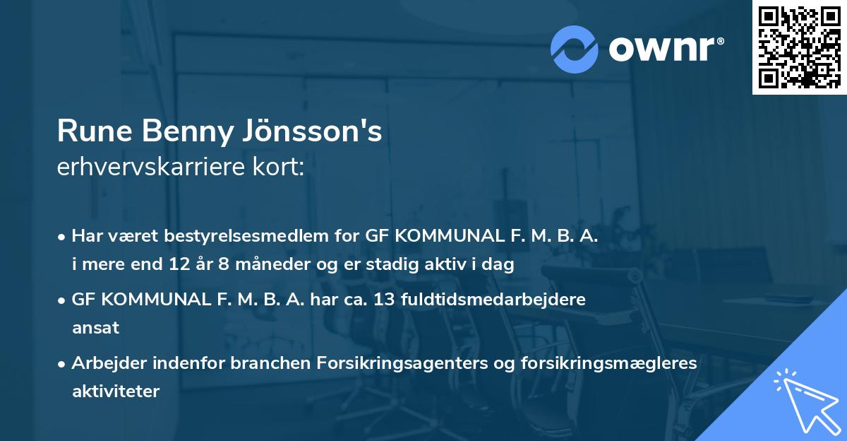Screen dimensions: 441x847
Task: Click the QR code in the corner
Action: pyautogui.click(x=799, y=47)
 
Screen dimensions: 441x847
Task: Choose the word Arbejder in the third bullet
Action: pyautogui.click(x=110, y=363)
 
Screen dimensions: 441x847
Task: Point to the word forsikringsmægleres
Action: pyautogui.click(x=599, y=363)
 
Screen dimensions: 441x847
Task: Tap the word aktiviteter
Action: pyautogui.click(x=116, y=391)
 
